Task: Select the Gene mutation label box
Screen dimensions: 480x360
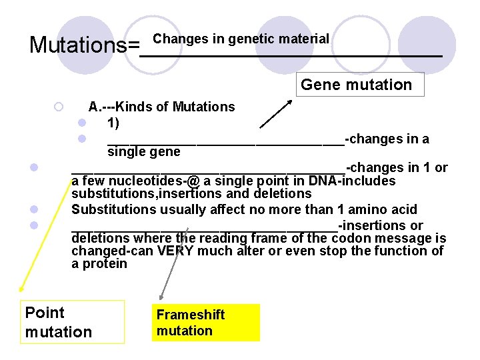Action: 357,85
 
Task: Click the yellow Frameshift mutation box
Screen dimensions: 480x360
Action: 205,323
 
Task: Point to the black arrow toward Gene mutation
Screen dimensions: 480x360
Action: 275,113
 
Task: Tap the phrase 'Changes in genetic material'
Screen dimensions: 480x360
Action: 241,39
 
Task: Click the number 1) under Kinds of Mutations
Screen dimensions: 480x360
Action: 113,123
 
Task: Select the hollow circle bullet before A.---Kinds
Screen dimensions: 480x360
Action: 59,107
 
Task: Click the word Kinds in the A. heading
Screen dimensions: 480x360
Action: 137,107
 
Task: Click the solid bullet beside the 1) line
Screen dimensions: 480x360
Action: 81,123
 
